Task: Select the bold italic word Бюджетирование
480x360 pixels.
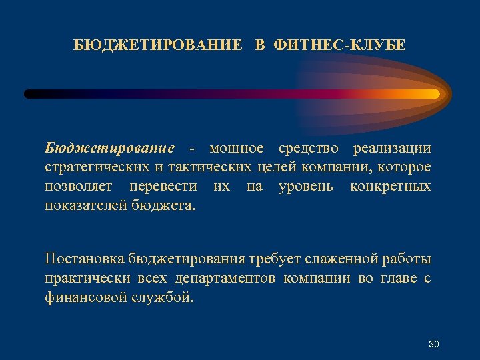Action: pyautogui.click(x=109, y=147)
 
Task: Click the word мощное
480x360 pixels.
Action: pyautogui.click(x=237, y=147)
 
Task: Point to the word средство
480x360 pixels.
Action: pyautogui.click(x=308, y=147)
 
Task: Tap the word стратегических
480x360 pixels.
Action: pyautogui.click(x=93, y=167)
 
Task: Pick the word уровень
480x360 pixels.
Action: pyautogui.click(x=305, y=186)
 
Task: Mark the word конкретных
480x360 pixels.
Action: pyautogui.click(x=391, y=186)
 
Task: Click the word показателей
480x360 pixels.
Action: pyautogui.click(x=86, y=205)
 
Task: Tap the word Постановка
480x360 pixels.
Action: pyautogui.click(x=84, y=259)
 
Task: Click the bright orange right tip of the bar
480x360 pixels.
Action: pyautogui.click(x=433, y=94)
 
